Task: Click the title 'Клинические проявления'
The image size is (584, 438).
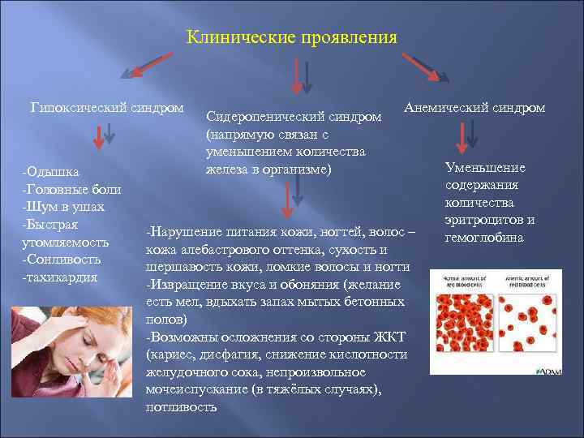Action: click(292, 37)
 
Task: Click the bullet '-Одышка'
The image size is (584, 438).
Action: click(51, 172)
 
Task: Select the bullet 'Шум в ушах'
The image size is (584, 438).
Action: click(63, 207)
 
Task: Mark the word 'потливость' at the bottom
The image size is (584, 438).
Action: click(181, 407)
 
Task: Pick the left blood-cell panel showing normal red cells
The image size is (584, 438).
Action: click(453, 320)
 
